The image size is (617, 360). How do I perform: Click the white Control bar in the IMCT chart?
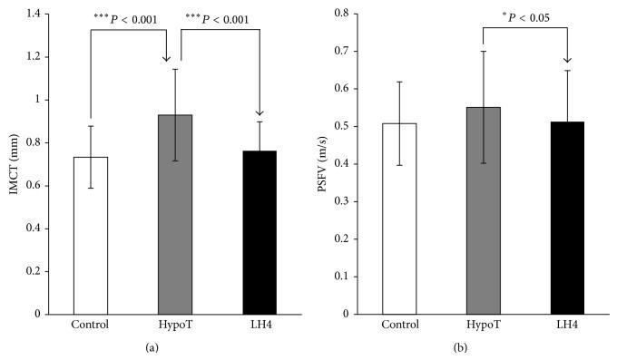pyautogui.click(x=91, y=235)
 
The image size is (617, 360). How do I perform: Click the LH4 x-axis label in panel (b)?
pyautogui.click(x=568, y=325)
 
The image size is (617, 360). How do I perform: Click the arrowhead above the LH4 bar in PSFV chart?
pyautogui.click(x=568, y=60)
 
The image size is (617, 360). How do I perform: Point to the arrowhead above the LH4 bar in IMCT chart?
pyautogui.click(x=260, y=112)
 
